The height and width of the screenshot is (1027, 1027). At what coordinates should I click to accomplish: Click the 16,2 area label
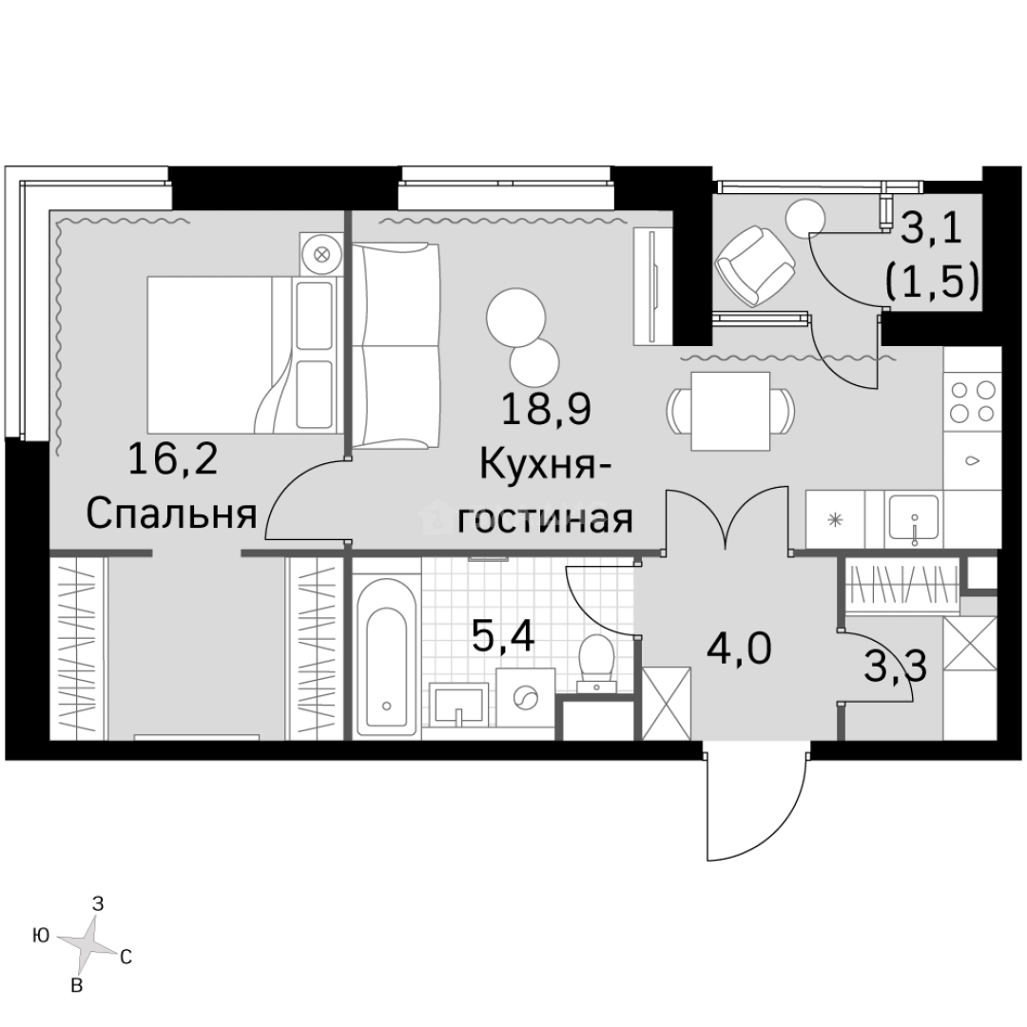pyautogui.click(x=172, y=464)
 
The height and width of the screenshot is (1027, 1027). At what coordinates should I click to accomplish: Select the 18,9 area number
pyautogui.click(x=546, y=411)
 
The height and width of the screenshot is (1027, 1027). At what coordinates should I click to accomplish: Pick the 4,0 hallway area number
pyautogui.click(x=738, y=651)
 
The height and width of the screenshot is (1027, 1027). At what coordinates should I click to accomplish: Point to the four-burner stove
pyautogui.click(x=973, y=400)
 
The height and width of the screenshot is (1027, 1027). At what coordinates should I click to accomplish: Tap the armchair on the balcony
pyautogui.click(x=755, y=264)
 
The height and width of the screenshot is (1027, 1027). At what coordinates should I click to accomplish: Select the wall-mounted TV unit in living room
pyautogui.click(x=652, y=286)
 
